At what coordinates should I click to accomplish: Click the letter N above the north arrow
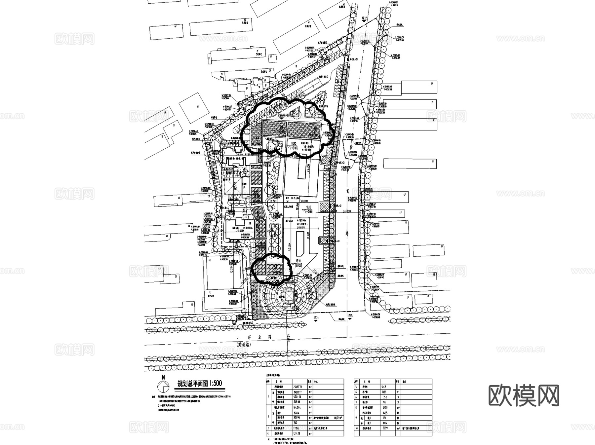click(163, 377)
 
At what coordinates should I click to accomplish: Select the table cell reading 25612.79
click(297, 387)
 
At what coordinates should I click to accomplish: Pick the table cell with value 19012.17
click(297, 392)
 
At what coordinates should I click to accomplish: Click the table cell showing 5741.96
click(297, 397)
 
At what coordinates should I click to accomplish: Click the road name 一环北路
click(255, 337)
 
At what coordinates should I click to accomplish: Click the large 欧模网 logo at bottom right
click(524, 395)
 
